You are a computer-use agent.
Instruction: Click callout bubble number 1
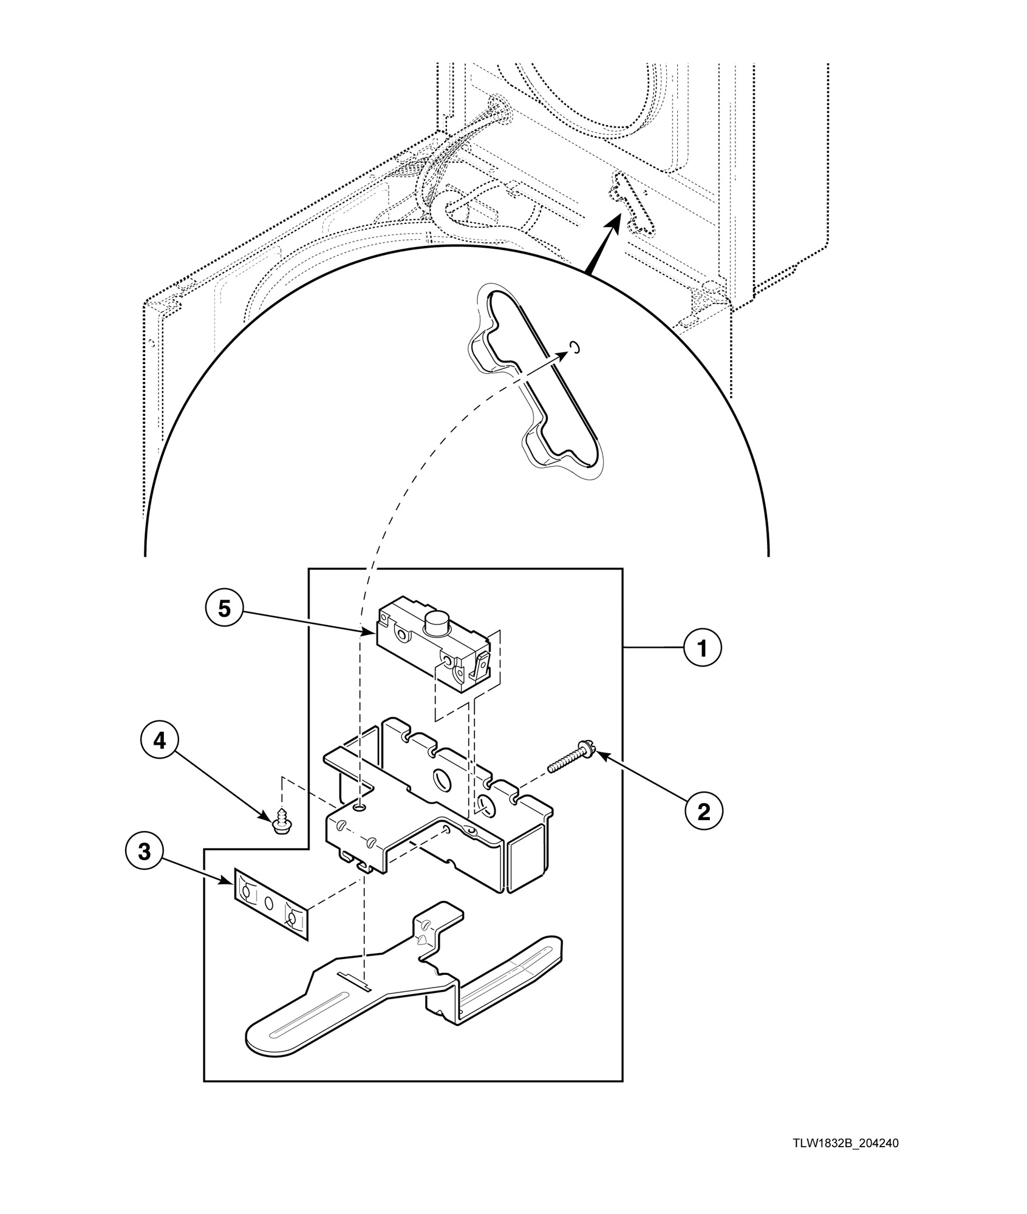[703, 649]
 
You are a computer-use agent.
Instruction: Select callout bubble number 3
[144, 852]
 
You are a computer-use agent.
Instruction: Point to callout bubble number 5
[225, 609]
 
